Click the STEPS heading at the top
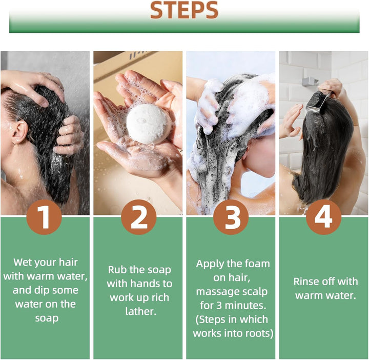point(184,10)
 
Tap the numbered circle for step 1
point(44,217)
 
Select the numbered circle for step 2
point(139,217)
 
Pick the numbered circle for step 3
point(231,217)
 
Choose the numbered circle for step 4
point(323,217)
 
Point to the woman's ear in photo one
point(19,133)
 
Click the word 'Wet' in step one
point(22,262)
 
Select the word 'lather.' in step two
point(141,311)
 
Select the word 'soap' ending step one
point(47,318)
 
